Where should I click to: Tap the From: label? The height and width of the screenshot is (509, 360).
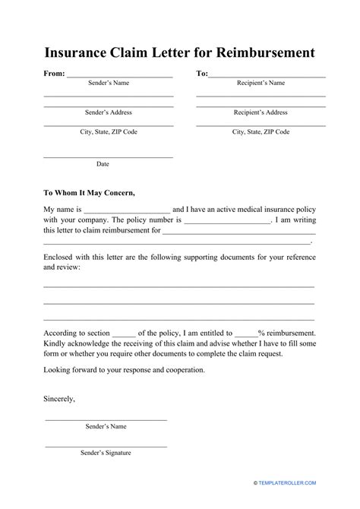44,74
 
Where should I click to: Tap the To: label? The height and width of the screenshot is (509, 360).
202,74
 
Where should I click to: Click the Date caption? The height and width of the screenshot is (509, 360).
103,164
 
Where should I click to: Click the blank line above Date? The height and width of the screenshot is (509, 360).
108,156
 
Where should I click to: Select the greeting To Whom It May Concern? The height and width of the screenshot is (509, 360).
89,192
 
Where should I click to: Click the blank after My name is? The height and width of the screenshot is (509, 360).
127,210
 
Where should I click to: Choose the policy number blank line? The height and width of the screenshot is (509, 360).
227,223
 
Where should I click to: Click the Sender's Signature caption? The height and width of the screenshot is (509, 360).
106,454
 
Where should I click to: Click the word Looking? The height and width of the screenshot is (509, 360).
58,370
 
